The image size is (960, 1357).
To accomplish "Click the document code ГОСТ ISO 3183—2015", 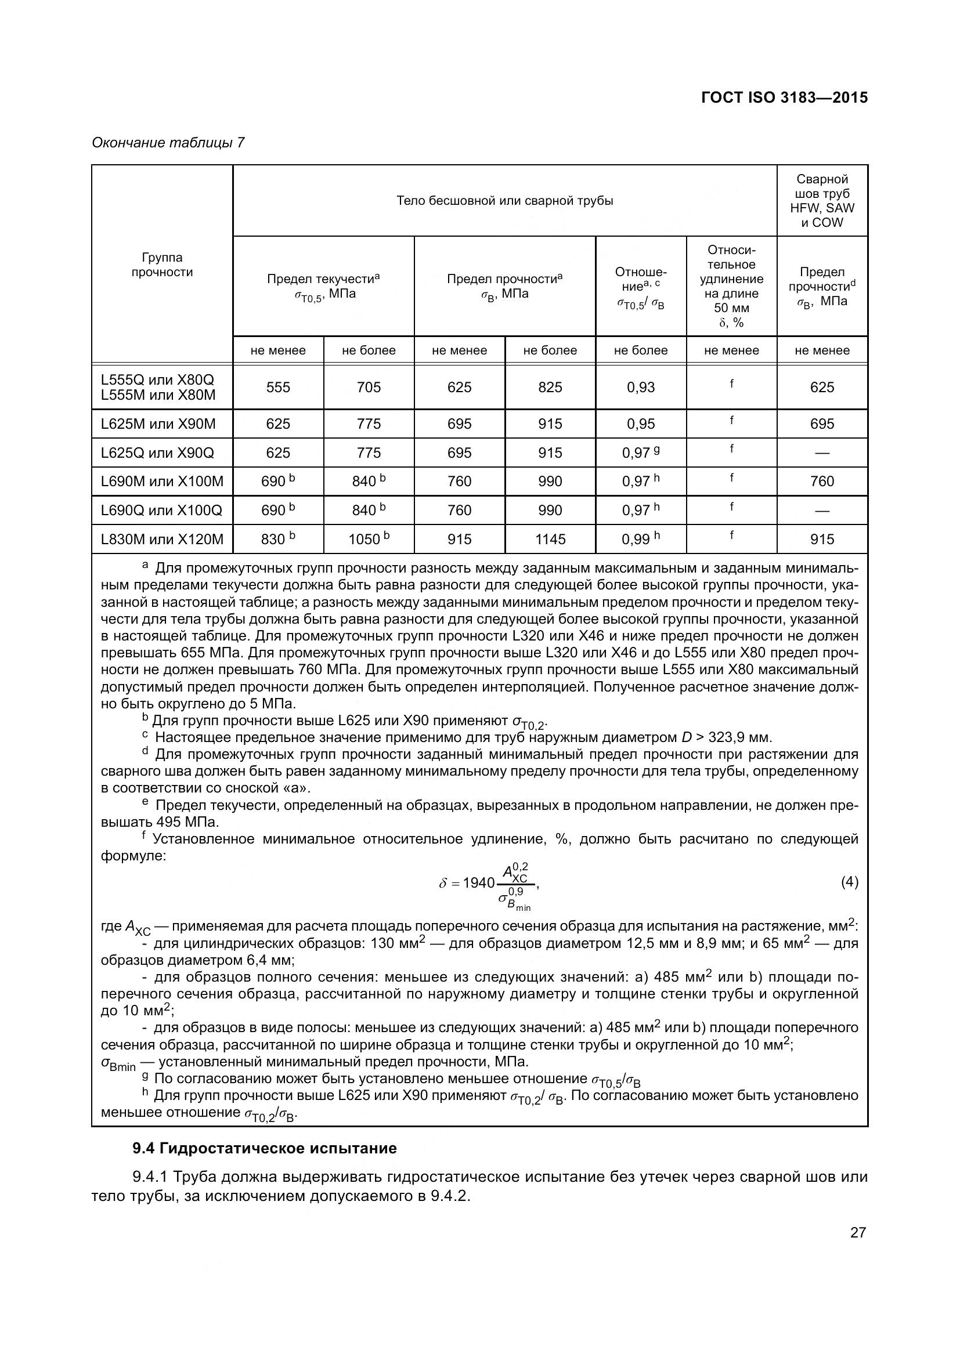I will point(785,97).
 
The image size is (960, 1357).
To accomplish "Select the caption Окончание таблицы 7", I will point(168,143).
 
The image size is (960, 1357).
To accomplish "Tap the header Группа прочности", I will point(162,265).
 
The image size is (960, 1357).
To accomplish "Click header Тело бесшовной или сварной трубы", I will point(504,201).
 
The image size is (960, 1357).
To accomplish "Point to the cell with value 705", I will point(369,387).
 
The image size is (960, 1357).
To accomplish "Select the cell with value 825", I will point(550,387).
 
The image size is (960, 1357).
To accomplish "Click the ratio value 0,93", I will point(640,387).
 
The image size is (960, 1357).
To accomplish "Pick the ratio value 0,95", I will point(640,424).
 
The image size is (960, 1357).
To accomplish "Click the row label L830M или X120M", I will point(162,539).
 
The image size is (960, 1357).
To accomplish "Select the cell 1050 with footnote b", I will point(369,539).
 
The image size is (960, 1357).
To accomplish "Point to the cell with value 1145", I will point(550,539).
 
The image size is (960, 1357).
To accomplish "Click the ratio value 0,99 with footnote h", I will point(640,539).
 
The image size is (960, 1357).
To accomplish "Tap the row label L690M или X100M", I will point(162,481).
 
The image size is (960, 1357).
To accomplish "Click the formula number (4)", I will point(849,882).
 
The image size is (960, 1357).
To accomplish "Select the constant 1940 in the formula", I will point(478,883).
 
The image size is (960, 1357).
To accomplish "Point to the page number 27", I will point(858,1232).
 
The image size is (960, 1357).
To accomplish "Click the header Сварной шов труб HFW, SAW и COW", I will point(822,201).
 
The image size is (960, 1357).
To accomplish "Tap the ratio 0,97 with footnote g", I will point(640,453).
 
